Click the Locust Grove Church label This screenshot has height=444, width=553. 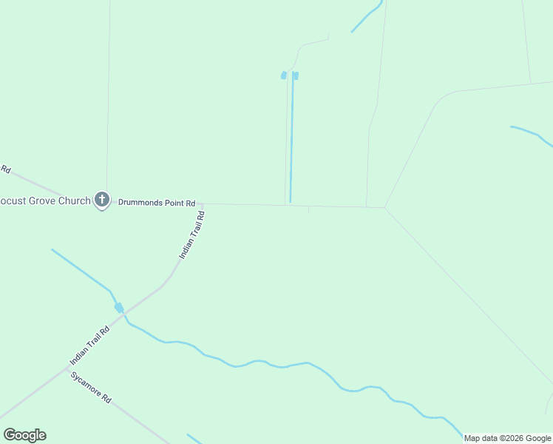pos(44,201)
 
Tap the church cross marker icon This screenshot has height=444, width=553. pos(102,200)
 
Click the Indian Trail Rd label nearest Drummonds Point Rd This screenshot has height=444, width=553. pos(191,235)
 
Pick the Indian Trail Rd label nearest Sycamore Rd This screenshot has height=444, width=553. pos(89,345)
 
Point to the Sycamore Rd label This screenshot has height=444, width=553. pos(91,387)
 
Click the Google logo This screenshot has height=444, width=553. pos(24,435)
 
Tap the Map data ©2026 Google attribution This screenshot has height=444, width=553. pos(507,438)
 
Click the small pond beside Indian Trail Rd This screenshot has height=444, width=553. pos(118,308)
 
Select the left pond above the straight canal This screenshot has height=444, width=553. pos(283,75)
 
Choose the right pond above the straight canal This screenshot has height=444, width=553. pos(296,75)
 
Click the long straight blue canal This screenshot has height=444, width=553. pos(292,141)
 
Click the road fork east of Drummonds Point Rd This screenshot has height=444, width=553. pos(385,207)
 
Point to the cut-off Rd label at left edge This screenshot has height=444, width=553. pos(5,169)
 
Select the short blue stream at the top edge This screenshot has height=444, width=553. pos(367,16)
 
